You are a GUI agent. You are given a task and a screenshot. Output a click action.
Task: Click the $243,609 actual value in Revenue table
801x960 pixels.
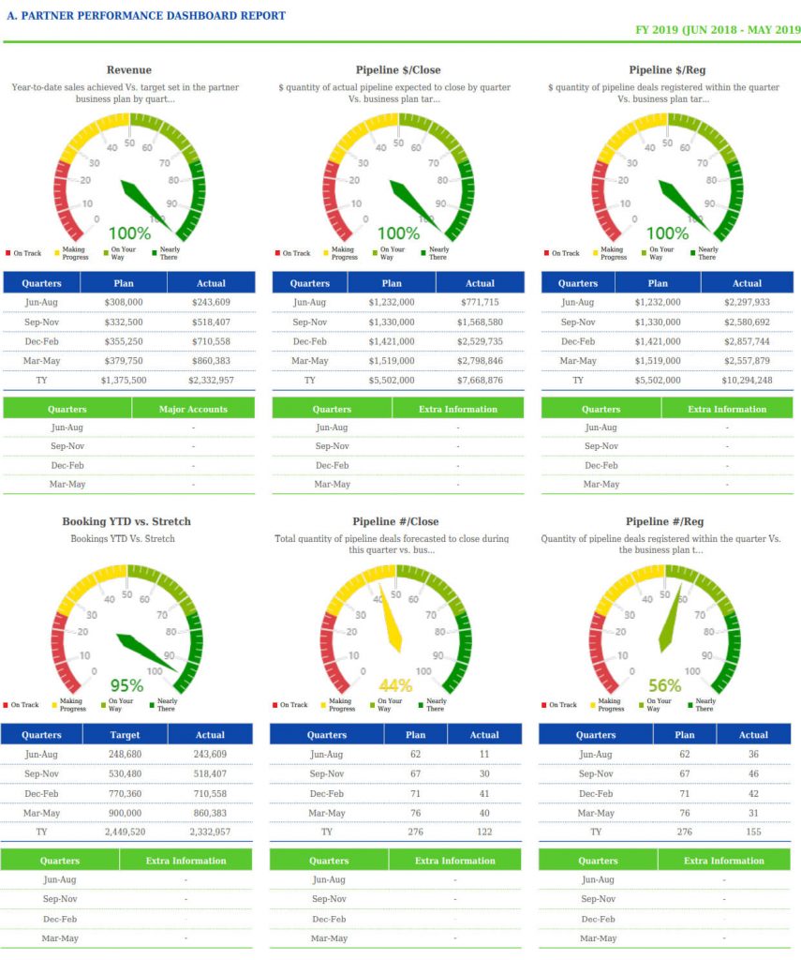tap(211, 303)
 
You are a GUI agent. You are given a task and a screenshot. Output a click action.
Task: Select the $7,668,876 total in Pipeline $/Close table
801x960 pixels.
tap(480, 381)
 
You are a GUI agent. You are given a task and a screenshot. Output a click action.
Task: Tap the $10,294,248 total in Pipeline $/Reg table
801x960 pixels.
tap(747, 381)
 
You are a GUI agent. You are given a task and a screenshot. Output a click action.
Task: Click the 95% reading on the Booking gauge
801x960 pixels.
tap(126, 685)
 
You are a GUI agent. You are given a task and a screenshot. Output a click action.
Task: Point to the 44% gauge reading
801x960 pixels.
tap(395, 685)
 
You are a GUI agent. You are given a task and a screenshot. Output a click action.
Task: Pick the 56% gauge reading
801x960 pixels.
tap(664, 685)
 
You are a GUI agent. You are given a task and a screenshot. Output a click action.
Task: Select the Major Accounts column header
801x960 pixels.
tap(193, 409)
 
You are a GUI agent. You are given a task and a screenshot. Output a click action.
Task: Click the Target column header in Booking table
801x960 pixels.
tap(126, 735)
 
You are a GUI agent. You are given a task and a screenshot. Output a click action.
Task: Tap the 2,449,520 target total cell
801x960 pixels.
tap(126, 832)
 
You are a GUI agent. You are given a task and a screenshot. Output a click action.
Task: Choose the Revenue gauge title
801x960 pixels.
tap(129, 70)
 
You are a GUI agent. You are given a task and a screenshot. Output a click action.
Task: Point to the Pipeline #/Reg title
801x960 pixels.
tap(664, 521)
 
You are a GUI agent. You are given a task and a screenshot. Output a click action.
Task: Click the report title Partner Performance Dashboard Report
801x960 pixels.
tap(146, 16)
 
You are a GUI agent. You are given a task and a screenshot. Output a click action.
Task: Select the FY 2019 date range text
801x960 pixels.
tap(718, 30)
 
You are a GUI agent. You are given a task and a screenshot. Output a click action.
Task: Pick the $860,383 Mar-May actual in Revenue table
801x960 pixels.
tap(211, 361)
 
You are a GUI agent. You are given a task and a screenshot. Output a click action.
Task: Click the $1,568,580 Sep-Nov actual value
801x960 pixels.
tap(480, 322)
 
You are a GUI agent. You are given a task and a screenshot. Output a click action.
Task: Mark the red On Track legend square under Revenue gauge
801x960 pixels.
tap(7, 253)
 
